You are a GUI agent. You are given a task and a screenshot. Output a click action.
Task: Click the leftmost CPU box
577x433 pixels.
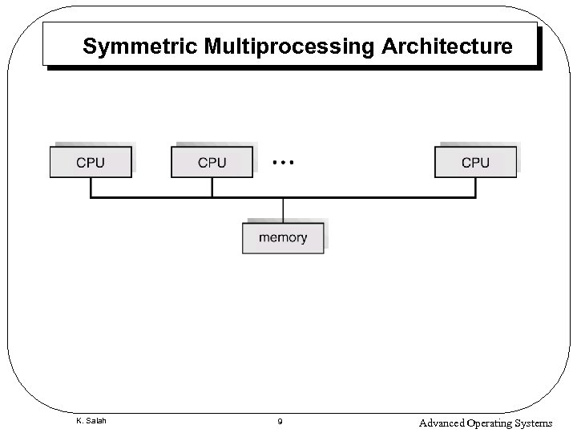tap(91, 162)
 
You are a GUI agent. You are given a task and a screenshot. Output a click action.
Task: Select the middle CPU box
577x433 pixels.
tap(212, 162)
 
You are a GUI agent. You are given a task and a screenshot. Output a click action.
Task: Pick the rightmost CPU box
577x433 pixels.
tap(475, 162)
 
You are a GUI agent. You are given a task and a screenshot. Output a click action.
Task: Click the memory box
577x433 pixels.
tap(282, 237)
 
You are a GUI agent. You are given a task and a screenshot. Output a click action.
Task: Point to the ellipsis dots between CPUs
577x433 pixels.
tap(283, 162)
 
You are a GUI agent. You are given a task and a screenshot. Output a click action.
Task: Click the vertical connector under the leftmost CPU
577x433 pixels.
tap(91, 187)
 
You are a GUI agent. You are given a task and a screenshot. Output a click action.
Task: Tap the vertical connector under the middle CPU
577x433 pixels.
tap(212, 187)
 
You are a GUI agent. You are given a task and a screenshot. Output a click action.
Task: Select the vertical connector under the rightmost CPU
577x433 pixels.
tap(475, 187)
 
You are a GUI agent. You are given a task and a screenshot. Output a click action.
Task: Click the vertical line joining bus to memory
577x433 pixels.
tap(282, 208)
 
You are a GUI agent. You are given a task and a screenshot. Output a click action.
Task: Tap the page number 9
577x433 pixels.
tap(280, 422)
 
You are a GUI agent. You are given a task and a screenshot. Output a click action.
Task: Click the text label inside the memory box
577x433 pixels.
tap(282, 237)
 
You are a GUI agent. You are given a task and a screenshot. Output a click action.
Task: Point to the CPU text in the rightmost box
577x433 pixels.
tap(475, 162)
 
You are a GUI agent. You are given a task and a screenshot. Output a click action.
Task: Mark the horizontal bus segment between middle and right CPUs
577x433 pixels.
tap(377, 196)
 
